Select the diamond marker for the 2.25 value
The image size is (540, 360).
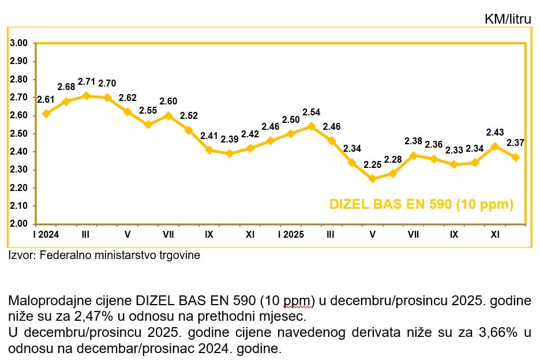[x=372, y=179]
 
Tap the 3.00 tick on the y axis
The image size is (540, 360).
[x=20, y=43]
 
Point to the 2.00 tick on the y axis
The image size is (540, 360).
[x=20, y=224]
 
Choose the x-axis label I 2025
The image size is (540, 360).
[x=291, y=235]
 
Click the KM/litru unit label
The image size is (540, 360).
[x=508, y=19]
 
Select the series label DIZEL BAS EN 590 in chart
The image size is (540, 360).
[x=421, y=204]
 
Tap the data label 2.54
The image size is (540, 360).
[x=312, y=112]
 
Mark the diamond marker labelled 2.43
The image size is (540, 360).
[x=495, y=146]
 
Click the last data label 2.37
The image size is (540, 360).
[x=515, y=142]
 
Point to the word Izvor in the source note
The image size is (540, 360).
[x=21, y=254]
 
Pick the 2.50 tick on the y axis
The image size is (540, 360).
[x=20, y=134]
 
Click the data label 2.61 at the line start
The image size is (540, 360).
[x=46, y=100]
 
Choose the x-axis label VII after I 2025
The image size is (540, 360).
[x=413, y=235]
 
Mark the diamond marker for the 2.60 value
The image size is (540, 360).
[x=168, y=115]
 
